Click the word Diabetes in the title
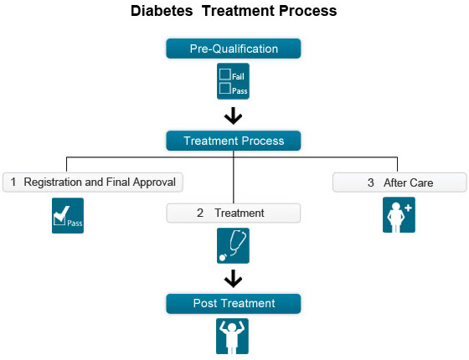tap(162, 11)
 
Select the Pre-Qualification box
tap(234, 49)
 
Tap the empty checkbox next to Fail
tap(225, 75)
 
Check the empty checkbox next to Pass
tap(225, 88)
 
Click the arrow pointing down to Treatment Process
tap(234, 116)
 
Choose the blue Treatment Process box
tap(234, 141)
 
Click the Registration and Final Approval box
tap(93, 183)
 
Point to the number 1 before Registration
tap(13, 182)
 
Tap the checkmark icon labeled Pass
tap(68, 216)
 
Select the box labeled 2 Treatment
tap(234, 213)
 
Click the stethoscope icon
tap(233, 246)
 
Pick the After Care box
tap(399, 183)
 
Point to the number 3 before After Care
tap(370, 183)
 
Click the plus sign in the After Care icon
tap(408, 208)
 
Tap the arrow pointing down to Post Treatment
tap(234, 278)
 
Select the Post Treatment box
tap(234, 303)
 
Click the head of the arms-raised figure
tap(232, 327)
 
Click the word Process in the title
tap(308, 11)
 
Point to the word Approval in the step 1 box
tap(154, 183)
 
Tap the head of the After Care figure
tap(396, 208)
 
